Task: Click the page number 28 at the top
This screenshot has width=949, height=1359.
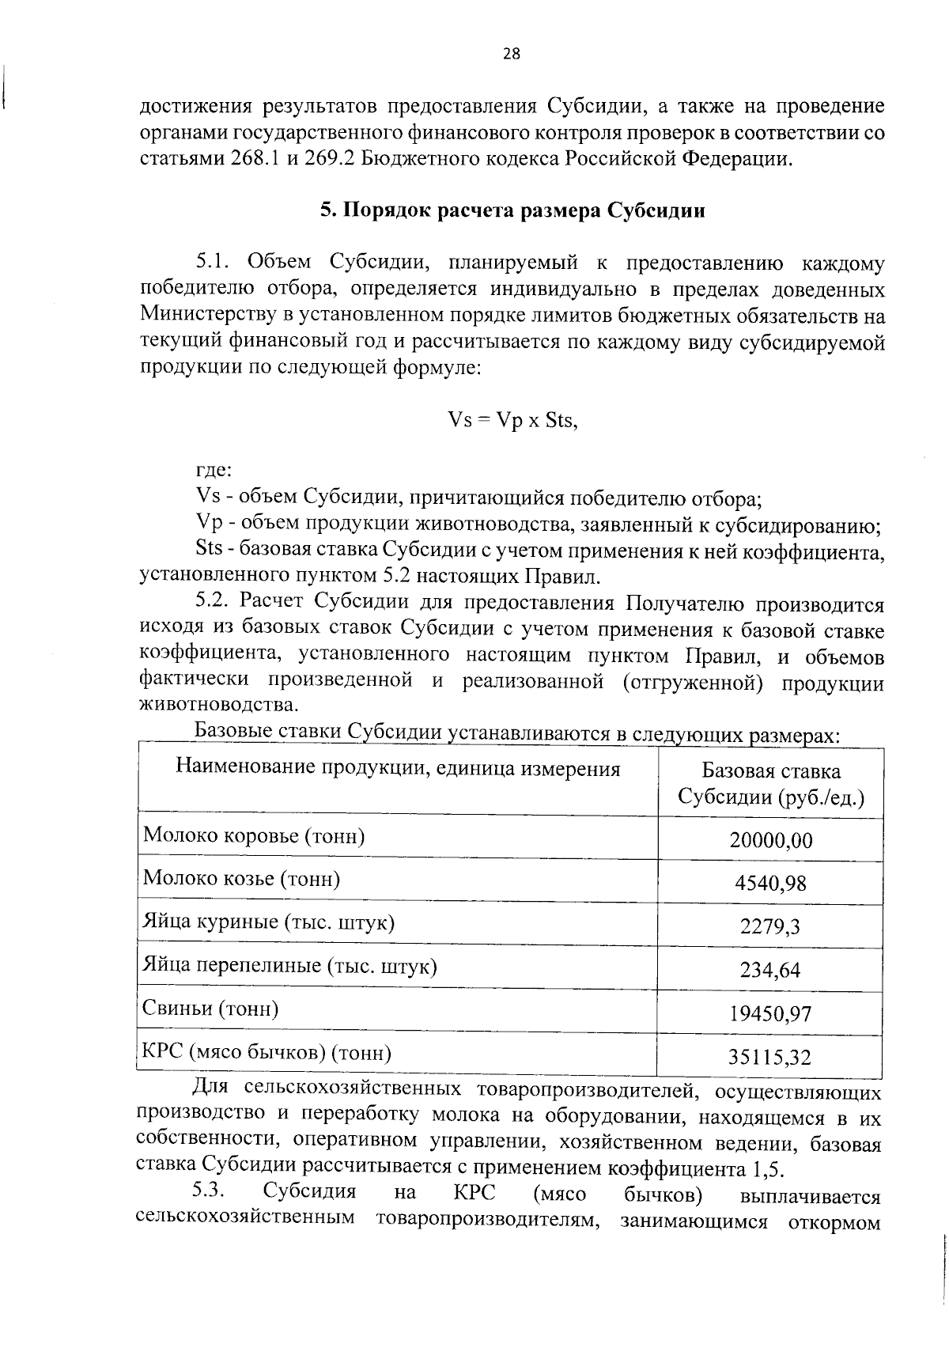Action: point(511,54)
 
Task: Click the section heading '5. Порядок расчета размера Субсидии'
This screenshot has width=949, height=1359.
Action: point(512,211)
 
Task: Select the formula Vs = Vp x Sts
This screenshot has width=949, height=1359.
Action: point(512,420)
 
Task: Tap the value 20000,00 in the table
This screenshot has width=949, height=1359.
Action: point(770,840)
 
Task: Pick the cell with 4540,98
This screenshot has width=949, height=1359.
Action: point(770,883)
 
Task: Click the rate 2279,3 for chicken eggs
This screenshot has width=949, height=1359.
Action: point(770,926)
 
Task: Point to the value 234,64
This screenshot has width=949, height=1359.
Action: point(770,970)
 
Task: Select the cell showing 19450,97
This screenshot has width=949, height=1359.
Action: point(770,1013)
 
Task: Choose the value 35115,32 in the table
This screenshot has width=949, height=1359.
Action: point(770,1057)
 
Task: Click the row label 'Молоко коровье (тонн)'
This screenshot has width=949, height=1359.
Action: point(254,836)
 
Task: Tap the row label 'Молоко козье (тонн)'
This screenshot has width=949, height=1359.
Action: point(241,879)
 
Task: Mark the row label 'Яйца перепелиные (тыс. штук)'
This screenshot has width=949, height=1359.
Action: point(289,966)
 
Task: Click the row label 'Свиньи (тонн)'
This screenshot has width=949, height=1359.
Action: point(210,1009)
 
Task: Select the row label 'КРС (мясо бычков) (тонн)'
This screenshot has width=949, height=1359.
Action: point(267,1053)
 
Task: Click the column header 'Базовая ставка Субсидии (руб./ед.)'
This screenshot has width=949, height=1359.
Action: point(770,784)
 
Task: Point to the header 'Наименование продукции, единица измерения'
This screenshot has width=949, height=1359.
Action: point(398,767)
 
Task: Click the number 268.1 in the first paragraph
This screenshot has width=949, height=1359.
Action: point(255,157)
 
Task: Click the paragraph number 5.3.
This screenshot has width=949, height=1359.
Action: point(208,1191)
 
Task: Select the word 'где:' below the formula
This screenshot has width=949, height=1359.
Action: point(214,470)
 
